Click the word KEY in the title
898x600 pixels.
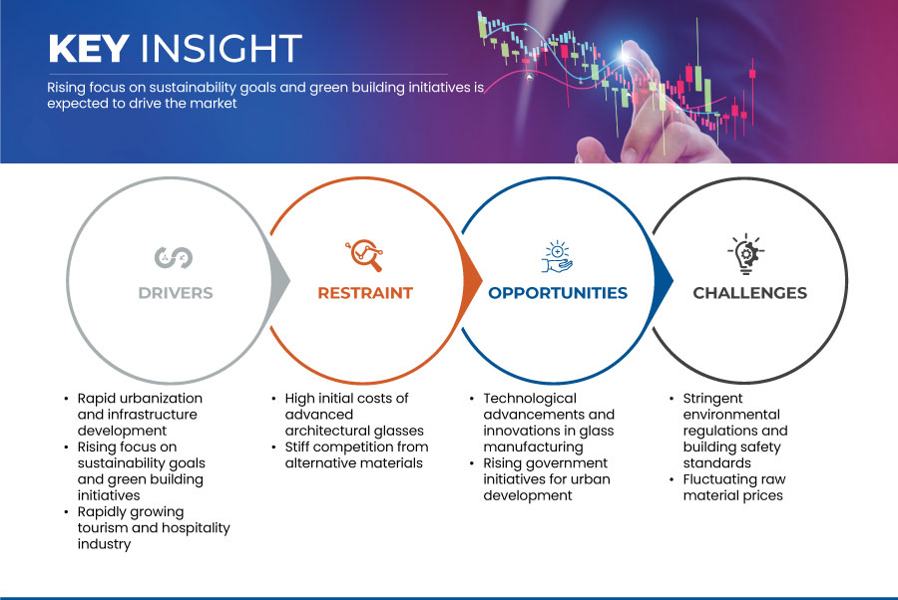89,48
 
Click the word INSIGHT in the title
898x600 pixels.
222,48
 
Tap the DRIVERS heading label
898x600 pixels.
176,293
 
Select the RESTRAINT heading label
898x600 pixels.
365,293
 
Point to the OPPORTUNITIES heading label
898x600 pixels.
558,293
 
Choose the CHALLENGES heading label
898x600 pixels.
749,293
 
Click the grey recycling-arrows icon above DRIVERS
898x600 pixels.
174,257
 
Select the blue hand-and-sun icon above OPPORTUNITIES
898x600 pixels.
557,257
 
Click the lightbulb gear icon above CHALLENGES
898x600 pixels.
746,254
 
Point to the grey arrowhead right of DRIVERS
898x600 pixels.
280,280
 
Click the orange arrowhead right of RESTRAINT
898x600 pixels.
472,280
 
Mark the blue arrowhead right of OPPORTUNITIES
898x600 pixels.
663,280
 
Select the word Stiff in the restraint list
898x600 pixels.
299,447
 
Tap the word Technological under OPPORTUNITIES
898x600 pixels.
530,399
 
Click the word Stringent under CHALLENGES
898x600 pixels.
712,399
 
